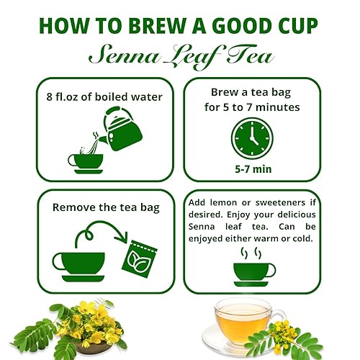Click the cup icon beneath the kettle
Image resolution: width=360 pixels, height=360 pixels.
[86, 161]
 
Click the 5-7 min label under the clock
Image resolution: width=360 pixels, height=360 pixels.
[252, 168]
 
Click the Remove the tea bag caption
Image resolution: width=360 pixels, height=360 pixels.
[104, 207]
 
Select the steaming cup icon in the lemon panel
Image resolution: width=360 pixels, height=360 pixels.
[253, 267]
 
